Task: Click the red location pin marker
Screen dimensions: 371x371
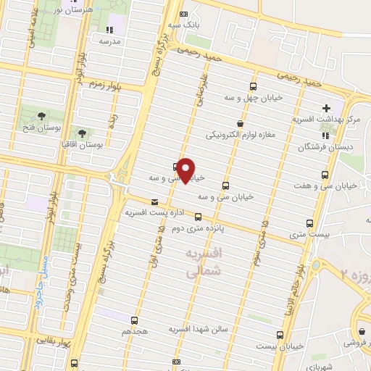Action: (x=186, y=170)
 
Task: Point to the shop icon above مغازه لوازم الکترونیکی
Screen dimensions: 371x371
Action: (x=240, y=123)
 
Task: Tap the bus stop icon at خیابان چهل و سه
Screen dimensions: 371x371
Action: (x=253, y=84)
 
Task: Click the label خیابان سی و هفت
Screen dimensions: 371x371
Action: (x=338, y=186)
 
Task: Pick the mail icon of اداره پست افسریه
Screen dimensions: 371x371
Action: (x=154, y=202)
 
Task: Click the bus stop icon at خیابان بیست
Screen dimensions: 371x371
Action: (x=280, y=335)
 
